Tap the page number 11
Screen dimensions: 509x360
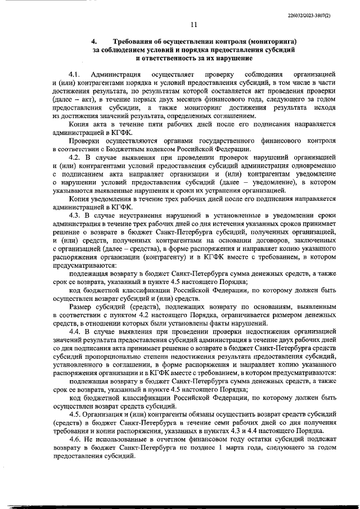click(x=193, y=25)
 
